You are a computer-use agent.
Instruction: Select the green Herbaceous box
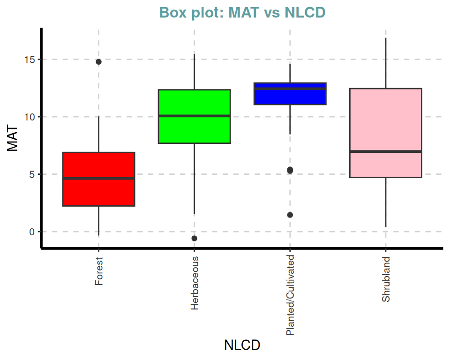[194, 129]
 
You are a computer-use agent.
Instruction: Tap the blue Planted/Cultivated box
[290, 97]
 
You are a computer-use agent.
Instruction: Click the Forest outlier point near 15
[98, 62]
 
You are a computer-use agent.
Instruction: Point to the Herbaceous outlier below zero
[194, 239]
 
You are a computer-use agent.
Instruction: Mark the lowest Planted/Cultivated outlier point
[290, 215]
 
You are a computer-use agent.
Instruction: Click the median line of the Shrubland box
[385, 151]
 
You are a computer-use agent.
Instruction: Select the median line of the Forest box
[98, 179]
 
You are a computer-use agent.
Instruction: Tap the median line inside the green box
[194, 116]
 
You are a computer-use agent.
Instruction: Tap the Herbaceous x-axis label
[195, 283]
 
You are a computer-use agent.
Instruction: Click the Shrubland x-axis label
[386, 279]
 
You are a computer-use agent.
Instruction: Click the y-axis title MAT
[13, 138]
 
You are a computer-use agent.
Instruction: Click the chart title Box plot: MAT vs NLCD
[242, 13]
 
